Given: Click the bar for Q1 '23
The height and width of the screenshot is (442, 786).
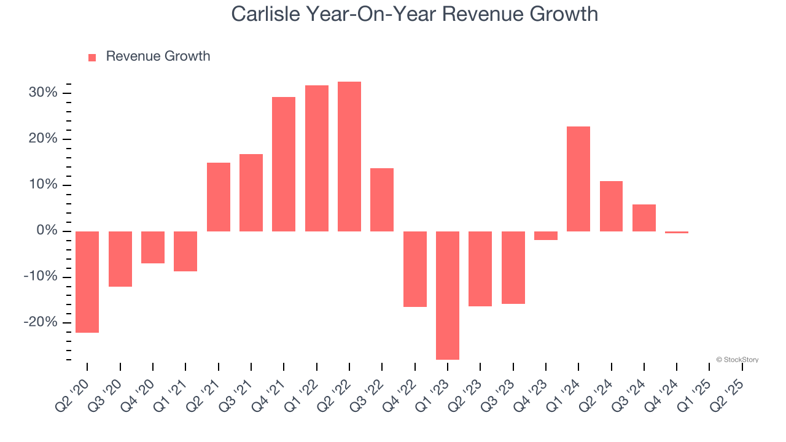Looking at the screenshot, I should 448,295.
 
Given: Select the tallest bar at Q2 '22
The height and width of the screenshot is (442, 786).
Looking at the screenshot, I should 349,157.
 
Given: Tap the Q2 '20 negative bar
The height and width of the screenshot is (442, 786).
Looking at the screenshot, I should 87,282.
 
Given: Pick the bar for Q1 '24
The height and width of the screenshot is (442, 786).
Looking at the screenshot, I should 578,179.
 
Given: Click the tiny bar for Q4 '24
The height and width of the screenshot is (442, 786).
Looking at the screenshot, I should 677,233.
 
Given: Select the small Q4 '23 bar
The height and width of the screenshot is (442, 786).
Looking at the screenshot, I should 546,236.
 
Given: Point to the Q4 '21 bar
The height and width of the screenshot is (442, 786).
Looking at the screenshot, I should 284,164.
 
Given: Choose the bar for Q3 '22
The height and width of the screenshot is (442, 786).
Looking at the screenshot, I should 382,200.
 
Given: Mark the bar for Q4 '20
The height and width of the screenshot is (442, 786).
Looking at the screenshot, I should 153,247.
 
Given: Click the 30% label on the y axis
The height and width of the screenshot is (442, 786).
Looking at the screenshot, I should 42,93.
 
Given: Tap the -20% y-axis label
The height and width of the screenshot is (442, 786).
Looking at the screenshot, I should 41,323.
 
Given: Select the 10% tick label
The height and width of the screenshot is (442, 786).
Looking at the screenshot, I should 42,185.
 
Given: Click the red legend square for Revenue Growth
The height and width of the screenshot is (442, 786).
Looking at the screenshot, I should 92,57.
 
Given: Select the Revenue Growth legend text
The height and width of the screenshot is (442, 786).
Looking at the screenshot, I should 158,56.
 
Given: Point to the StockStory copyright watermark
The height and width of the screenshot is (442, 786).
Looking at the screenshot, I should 737,360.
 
